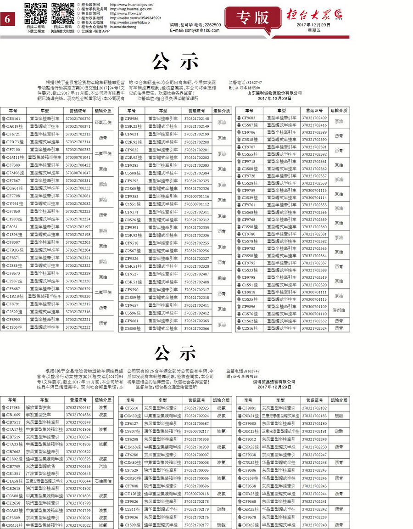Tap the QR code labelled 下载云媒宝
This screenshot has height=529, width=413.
pos(36,13)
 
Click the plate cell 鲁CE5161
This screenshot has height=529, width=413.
pos(13,118)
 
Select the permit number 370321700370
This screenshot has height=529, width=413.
pos(78,118)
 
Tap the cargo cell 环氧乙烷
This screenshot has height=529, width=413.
pos(103,122)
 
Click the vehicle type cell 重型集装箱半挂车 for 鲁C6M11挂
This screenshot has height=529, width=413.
pos(44,157)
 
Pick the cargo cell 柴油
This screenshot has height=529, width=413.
pos(222,278)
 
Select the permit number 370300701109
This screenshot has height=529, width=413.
pos(314,306)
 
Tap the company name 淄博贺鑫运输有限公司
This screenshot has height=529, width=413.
pos(274,382)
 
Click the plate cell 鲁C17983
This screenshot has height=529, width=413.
pos(13,407)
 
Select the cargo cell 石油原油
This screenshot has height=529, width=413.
pos(103,480)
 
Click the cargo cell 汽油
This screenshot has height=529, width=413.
pos(103,466)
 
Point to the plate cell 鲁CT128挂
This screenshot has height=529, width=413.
pos(131,494)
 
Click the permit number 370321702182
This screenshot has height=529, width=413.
pos(314,408)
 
